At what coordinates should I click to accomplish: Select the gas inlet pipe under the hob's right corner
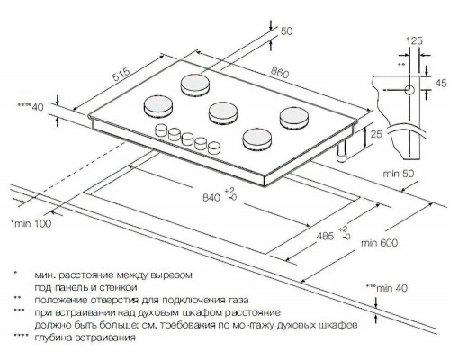coord(343,157)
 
